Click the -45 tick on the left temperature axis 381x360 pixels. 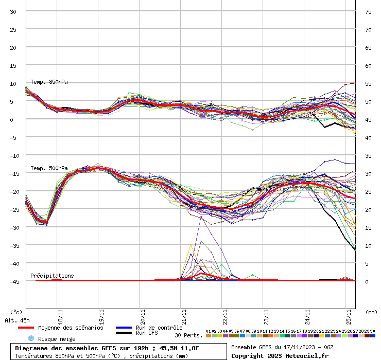click(13, 281)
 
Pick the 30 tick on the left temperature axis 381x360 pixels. click(13, 11)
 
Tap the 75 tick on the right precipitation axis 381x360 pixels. click(368, 11)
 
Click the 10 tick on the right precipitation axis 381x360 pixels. click(368, 245)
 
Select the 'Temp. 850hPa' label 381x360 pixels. click(49, 82)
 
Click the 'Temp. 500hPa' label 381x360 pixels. click(49, 168)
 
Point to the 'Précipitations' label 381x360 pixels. click(52, 276)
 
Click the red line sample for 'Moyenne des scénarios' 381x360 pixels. click(26, 328)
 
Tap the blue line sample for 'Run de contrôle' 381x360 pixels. click(123, 328)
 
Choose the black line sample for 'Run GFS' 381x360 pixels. click(123, 333)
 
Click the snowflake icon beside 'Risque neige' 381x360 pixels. click(30, 338)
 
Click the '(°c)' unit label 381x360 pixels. click(16, 312)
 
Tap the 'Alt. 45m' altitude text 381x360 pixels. click(18, 320)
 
